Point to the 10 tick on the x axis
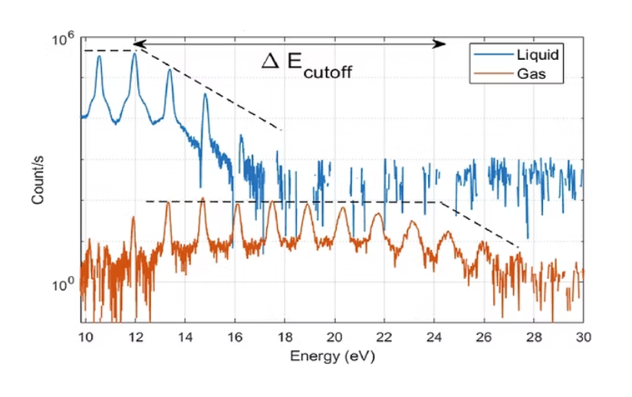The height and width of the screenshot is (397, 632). tap(86, 336)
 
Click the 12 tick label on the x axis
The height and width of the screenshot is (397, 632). tap(136, 336)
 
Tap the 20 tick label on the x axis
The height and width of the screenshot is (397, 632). tap(334, 336)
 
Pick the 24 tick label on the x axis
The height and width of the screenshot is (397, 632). tap(433, 336)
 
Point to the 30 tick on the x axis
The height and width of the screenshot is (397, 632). tap(582, 336)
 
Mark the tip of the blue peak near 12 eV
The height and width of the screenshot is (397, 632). tap(134, 54)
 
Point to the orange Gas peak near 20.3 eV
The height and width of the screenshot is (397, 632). tap(342, 209)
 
